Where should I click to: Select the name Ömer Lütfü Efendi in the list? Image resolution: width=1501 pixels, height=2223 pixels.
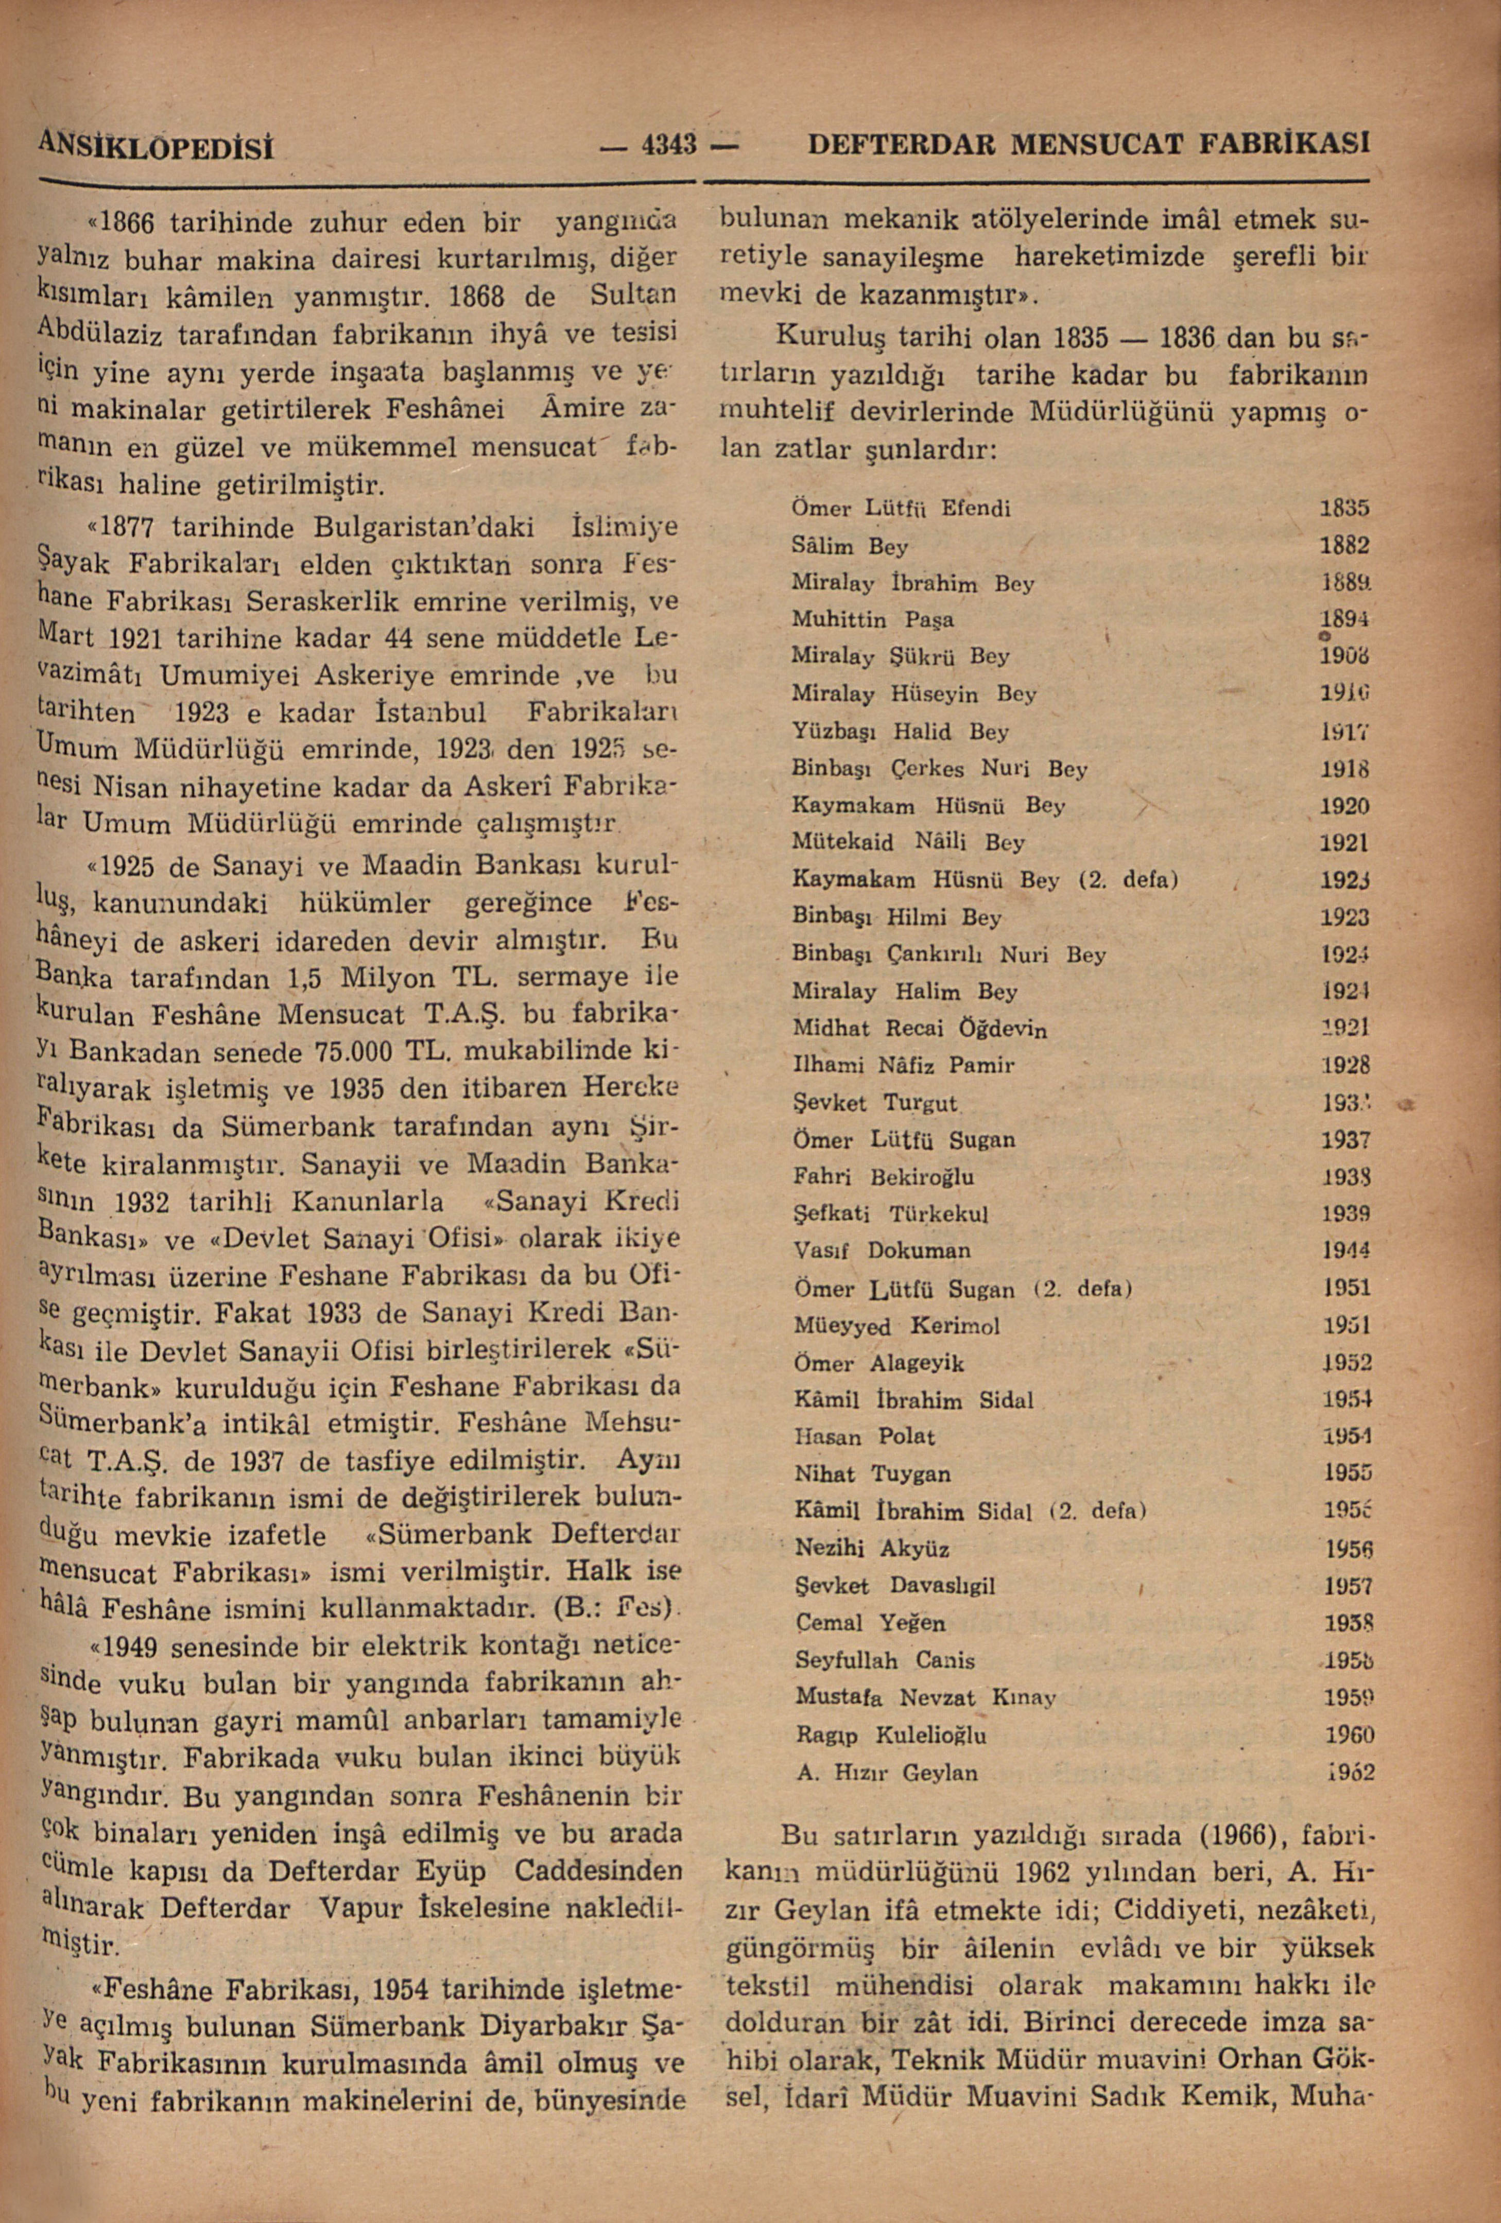pos(901,508)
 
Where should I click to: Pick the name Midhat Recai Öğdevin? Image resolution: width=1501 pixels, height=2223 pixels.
pos(919,1028)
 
